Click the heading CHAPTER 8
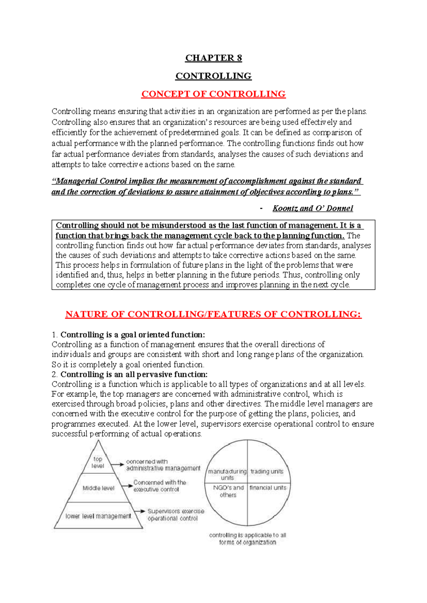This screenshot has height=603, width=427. (x=213, y=58)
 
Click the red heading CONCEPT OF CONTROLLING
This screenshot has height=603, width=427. (x=213, y=94)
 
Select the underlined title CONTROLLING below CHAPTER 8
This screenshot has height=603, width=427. (x=213, y=76)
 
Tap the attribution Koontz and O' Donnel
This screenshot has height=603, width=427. (x=312, y=208)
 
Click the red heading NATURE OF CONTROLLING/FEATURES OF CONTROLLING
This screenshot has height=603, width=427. (x=213, y=314)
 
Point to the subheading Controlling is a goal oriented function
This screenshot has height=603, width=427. (x=132, y=335)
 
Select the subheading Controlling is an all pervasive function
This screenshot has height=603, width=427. (x=134, y=374)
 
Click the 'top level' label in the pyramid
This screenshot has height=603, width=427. (x=98, y=462)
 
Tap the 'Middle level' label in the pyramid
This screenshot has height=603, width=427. (x=99, y=488)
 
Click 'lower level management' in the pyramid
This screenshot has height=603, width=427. (x=98, y=516)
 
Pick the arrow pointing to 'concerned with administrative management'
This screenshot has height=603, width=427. (x=117, y=464)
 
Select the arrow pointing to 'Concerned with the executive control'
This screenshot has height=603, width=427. (x=126, y=486)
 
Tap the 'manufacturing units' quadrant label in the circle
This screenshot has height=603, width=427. (x=227, y=474)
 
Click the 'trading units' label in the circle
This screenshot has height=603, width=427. (x=267, y=471)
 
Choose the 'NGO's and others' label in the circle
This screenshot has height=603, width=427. (x=228, y=491)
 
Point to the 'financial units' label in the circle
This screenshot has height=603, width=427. (x=268, y=488)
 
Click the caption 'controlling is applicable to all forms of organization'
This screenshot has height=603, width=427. (x=248, y=539)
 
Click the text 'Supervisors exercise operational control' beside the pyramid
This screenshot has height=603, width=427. (x=175, y=514)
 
